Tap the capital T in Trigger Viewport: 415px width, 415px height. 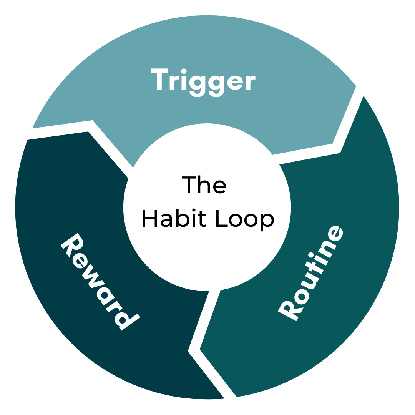[x=159, y=79]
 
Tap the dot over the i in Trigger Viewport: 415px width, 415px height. [x=184, y=71]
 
